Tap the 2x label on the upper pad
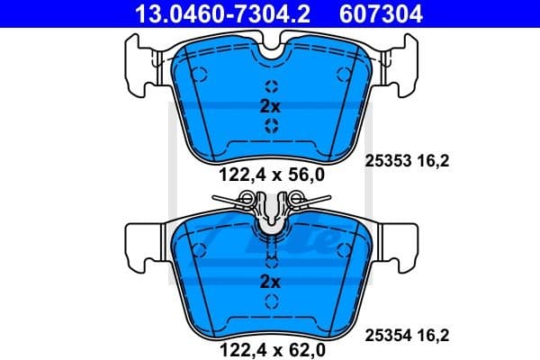pos(271,106)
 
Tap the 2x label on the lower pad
pos(271,282)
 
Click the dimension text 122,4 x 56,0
pos(270,176)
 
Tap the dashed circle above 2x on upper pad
pos(271,88)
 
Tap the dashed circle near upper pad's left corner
pos(200,75)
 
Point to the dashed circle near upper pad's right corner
pos(341,75)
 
